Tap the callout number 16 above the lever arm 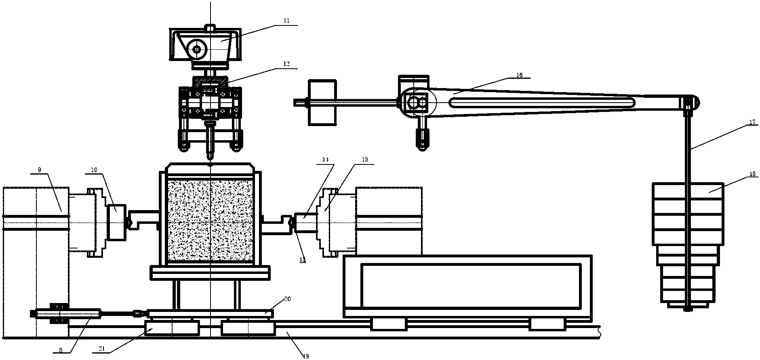pyautogui.click(x=519, y=75)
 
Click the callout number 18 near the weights pyautogui.click(x=752, y=175)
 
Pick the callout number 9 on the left pyautogui.click(x=39, y=170)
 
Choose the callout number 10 pyautogui.click(x=94, y=170)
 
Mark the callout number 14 pyautogui.click(x=326, y=160)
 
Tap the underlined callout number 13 pyautogui.click(x=302, y=259)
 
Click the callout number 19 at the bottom pyautogui.click(x=305, y=356)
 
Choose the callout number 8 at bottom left pyautogui.click(x=61, y=351)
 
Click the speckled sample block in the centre pyautogui.click(x=210, y=220)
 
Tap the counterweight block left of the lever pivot pyautogui.click(x=322, y=102)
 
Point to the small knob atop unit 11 pyautogui.click(x=210, y=27)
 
